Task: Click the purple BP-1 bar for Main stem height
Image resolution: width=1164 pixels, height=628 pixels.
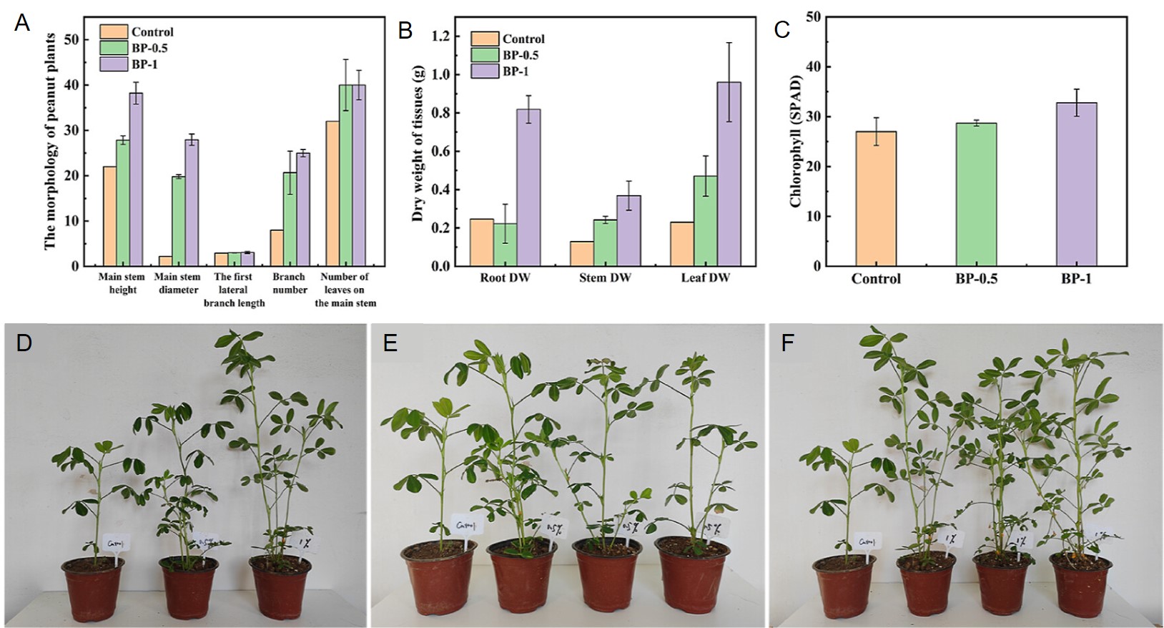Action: [x=136, y=180]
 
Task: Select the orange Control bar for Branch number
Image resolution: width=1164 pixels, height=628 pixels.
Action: [x=277, y=247]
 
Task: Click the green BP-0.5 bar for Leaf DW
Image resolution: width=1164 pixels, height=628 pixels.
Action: [x=706, y=221]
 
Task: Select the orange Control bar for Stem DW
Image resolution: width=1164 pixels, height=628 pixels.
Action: [x=582, y=253]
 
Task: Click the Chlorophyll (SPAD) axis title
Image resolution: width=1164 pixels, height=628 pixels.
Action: [x=796, y=141]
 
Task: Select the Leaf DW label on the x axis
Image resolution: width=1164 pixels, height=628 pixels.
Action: [x=706, y=278]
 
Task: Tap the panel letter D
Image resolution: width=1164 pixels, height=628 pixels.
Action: [x=24, y=343]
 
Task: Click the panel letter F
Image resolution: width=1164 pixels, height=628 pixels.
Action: [x=787, y=343]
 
